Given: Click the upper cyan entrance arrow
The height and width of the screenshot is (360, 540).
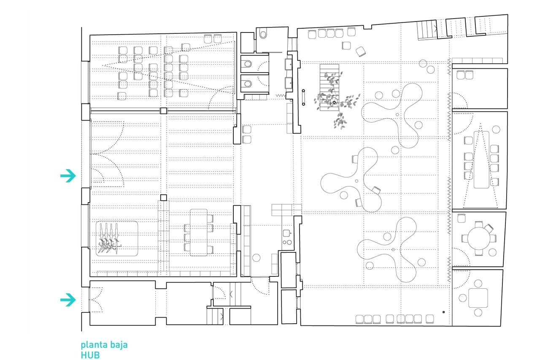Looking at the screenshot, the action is tap(68, 176).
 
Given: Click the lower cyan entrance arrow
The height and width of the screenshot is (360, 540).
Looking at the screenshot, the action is tap(68, 300).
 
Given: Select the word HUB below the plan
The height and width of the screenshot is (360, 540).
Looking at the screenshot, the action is tap(90, 355).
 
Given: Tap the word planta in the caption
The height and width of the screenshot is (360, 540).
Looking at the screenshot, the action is tap(92, 345).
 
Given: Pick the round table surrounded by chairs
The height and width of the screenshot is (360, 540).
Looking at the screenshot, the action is tap(478, 238).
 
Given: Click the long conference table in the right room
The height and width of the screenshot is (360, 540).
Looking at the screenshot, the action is tap(481, 160).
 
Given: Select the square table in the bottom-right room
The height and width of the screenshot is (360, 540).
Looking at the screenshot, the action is tap(478, 298).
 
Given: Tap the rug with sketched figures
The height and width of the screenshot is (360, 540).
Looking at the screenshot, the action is tap(117, 238).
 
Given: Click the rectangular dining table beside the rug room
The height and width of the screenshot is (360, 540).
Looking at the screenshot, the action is tap(199, 233).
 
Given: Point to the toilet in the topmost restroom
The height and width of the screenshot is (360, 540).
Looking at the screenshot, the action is tap(263, 35).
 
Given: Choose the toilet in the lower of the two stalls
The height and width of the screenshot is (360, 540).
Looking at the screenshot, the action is tap(248, 84).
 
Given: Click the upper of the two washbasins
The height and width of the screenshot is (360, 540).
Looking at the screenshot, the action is tap(289, 65).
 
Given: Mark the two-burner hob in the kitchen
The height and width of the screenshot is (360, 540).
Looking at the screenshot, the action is tap(287, 242).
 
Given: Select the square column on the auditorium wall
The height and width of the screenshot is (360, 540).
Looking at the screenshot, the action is tap(163, 111).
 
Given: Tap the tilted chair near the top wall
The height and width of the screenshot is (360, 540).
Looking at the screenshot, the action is tap(361, 51).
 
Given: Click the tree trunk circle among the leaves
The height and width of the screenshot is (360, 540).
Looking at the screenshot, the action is tap(334, 102).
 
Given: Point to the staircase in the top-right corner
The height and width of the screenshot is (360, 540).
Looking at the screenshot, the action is tap(427, 30).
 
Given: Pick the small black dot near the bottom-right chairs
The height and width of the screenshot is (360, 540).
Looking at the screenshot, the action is tap(443, 312).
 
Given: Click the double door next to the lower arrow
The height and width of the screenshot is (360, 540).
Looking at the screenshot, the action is tap(96, 300).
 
